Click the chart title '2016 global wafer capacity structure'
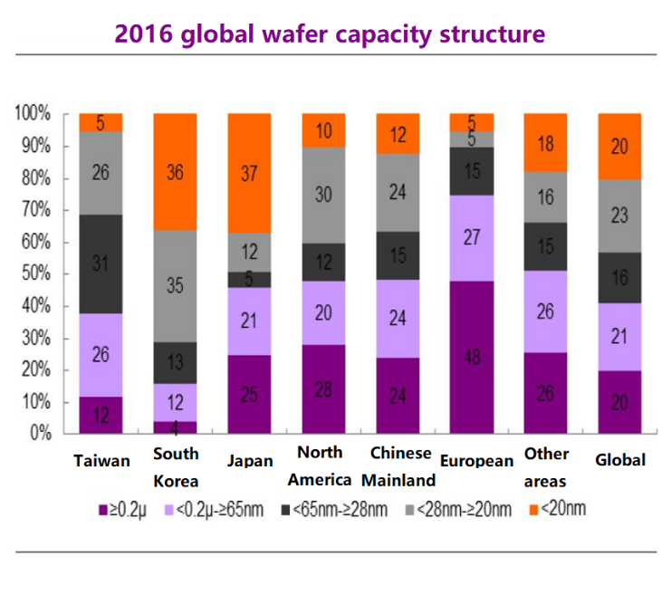point(330,34)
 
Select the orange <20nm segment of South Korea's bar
point(175,171)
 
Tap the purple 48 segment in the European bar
point(471,357)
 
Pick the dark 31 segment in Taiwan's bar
point(101,264)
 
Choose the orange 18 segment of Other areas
point(545,142)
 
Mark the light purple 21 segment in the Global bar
point(619,336)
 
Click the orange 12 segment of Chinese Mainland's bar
point(397,134)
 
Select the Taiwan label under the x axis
point(101,461)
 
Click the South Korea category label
point(176,468)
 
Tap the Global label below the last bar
point(620,460)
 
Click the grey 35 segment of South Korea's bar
point(175,287)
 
